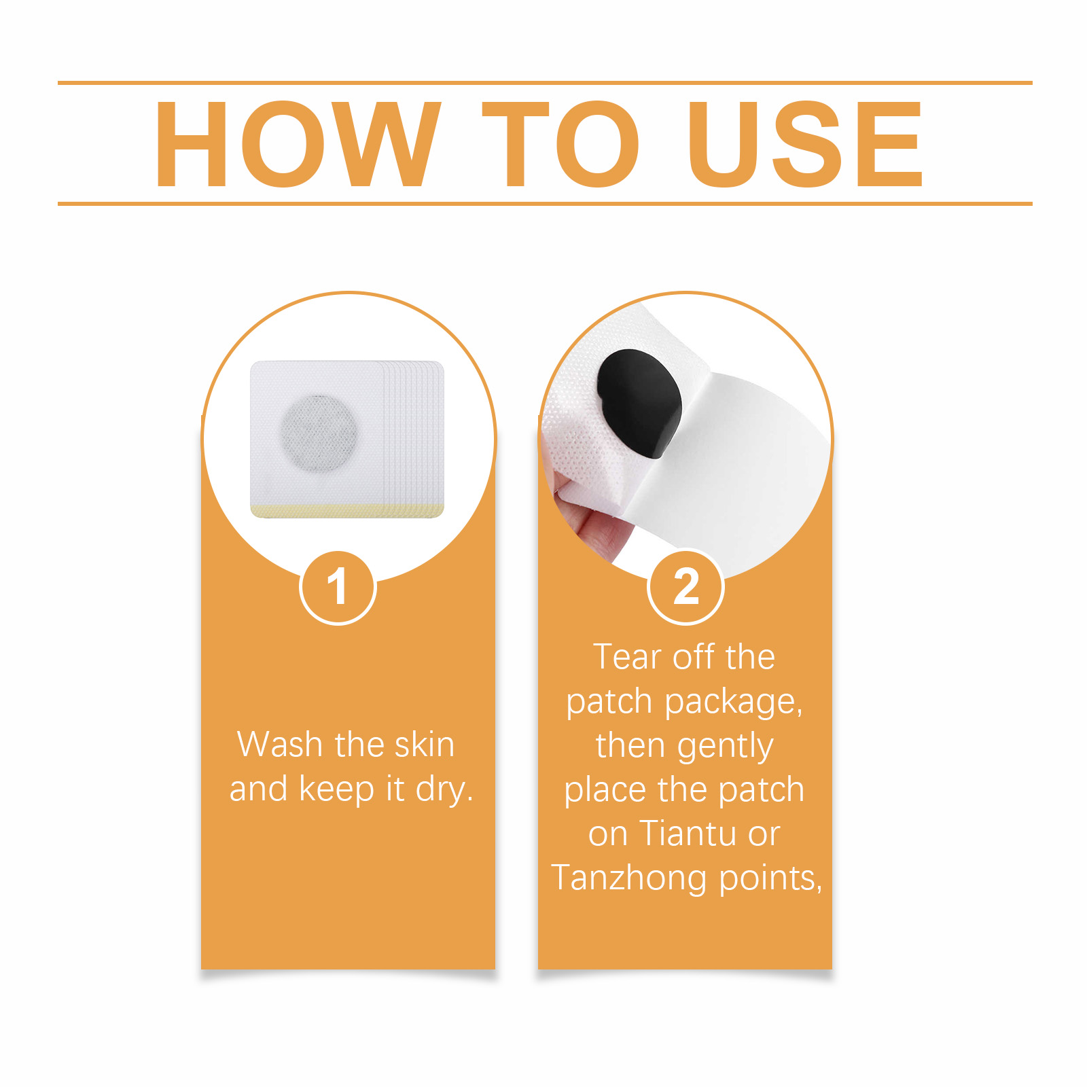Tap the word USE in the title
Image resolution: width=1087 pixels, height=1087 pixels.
pyautogui.click(x=805, y=143)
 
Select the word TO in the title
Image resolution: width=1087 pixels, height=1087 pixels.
pyautogui.click(x=560, y=143)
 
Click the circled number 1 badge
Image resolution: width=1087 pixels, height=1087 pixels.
pyautogui.click(x=338, y=588)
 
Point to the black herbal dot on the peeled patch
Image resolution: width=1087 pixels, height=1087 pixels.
pyautogui.click(x=639, y=404)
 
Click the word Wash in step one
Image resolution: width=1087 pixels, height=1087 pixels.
pyautogui.click(x=280, y=745)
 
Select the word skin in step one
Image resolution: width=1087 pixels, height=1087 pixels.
pyautogui.click(x=425, y=744)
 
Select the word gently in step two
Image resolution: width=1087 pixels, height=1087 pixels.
pyautogui.click(x=725, y=747)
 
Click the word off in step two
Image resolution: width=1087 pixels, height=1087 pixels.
pyautogui.click(x=694, y=657)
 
